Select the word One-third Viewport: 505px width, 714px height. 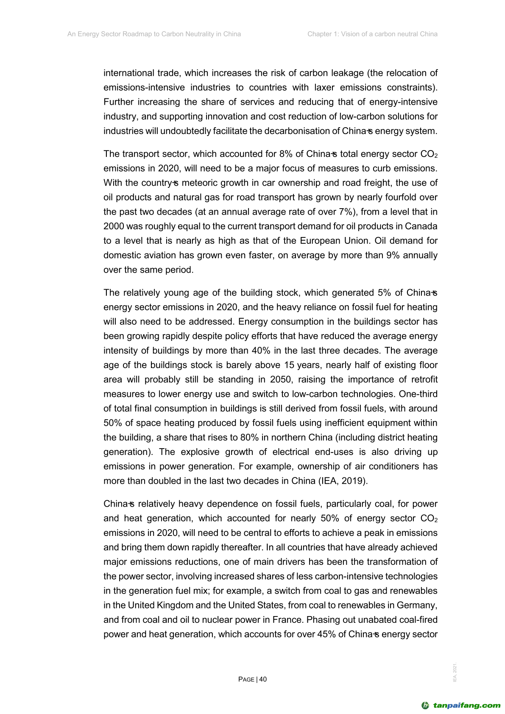point(418,394)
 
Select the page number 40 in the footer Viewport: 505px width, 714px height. point(263,679)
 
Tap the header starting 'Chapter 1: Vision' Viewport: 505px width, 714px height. point(372,34)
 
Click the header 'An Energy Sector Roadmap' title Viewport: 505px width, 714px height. point(154,34)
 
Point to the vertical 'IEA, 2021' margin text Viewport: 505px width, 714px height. point(455,672)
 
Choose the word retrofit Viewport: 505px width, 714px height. point(423,379)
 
